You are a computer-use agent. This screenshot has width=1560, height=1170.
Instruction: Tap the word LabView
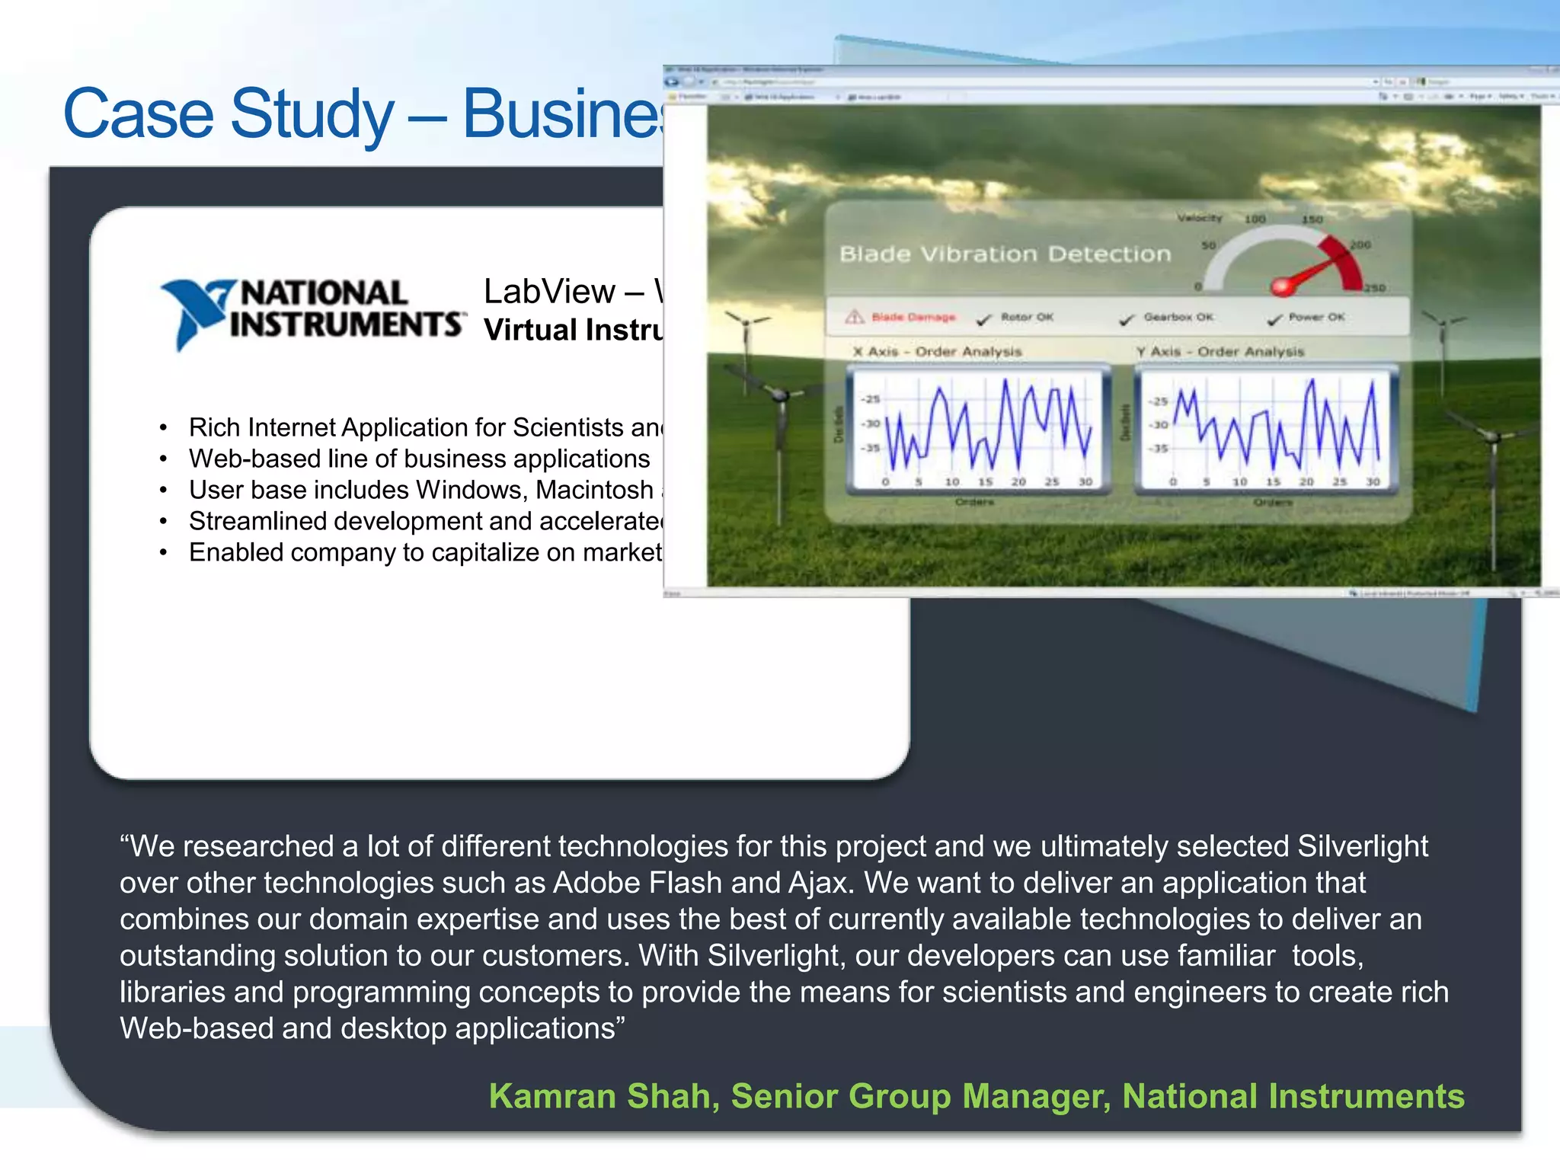pyautogui.click(x=549, y=292)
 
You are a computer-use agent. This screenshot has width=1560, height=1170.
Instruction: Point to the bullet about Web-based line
pyautogui.click(x=419, y=459)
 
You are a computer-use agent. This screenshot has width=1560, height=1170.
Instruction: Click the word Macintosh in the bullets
pyautogui.click(x=594, y=490)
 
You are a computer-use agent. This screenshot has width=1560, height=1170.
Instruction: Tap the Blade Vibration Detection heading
pyautogui.click(x=1005, y=254)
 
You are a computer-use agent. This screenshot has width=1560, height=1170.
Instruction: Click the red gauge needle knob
pyautogui.click(x=1281, y=286)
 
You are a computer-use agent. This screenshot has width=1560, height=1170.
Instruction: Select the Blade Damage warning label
pyautogui.click(x=913, y=317)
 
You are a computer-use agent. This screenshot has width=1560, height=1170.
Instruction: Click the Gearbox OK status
pyautogui.click(x=1178, y=317)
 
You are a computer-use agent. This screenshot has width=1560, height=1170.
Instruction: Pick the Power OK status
pyautogui.click(x=1315, y=317)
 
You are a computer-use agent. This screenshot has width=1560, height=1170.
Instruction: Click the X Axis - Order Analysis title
pyautogui.click(x=937, y=352)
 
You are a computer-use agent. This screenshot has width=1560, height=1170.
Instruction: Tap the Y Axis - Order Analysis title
pyautogui.click(x=1220, y=352)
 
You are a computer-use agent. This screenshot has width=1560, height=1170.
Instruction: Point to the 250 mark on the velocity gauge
pyautogui.click(x=1374, y=288)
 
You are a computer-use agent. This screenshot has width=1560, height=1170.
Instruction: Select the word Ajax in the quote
pyautogui.click(x=817, y=883)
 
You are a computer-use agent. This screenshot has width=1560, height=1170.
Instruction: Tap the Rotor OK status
pyautogui.click(x=1026, y=317)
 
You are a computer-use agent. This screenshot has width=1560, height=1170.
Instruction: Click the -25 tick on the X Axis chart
pyautogui.click(x=871, y=399)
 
